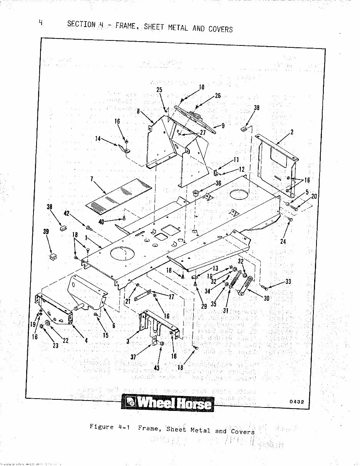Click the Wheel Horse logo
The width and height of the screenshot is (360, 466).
167,403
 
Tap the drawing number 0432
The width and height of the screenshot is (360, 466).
296,402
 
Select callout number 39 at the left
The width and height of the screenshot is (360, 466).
46,231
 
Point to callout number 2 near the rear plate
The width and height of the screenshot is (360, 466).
292,132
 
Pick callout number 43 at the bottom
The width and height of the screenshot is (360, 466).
157,368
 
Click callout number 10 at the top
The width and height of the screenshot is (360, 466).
202,87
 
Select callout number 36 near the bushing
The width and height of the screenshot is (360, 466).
218,183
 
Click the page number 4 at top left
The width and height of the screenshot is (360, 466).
40,22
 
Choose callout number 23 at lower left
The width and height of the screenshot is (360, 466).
55,345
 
